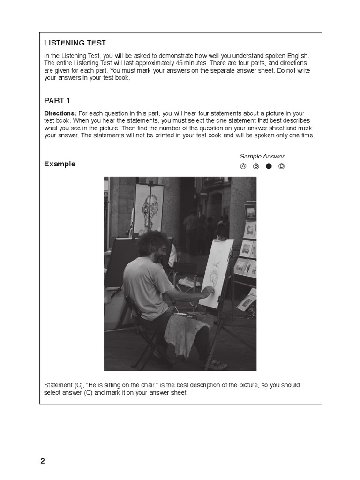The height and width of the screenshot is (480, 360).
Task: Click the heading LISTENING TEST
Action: [75, 43]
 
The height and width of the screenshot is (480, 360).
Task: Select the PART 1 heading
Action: [57, 101]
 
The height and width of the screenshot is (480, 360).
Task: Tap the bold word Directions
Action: [60, 113]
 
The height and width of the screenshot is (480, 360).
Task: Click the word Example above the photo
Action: [60, 164]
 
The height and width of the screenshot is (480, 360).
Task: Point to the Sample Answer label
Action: [262, 157]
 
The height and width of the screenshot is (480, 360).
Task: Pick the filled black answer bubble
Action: [269, 166]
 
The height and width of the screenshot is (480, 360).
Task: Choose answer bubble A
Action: [243, 166]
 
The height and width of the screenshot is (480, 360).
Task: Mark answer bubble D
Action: [281, 166]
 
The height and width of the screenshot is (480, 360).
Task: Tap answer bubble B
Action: [256, 166]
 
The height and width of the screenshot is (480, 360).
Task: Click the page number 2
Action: [43, 461]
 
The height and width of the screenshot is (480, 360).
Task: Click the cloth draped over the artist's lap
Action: [186, 334]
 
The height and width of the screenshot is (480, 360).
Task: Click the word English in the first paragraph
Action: [298, 56]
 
